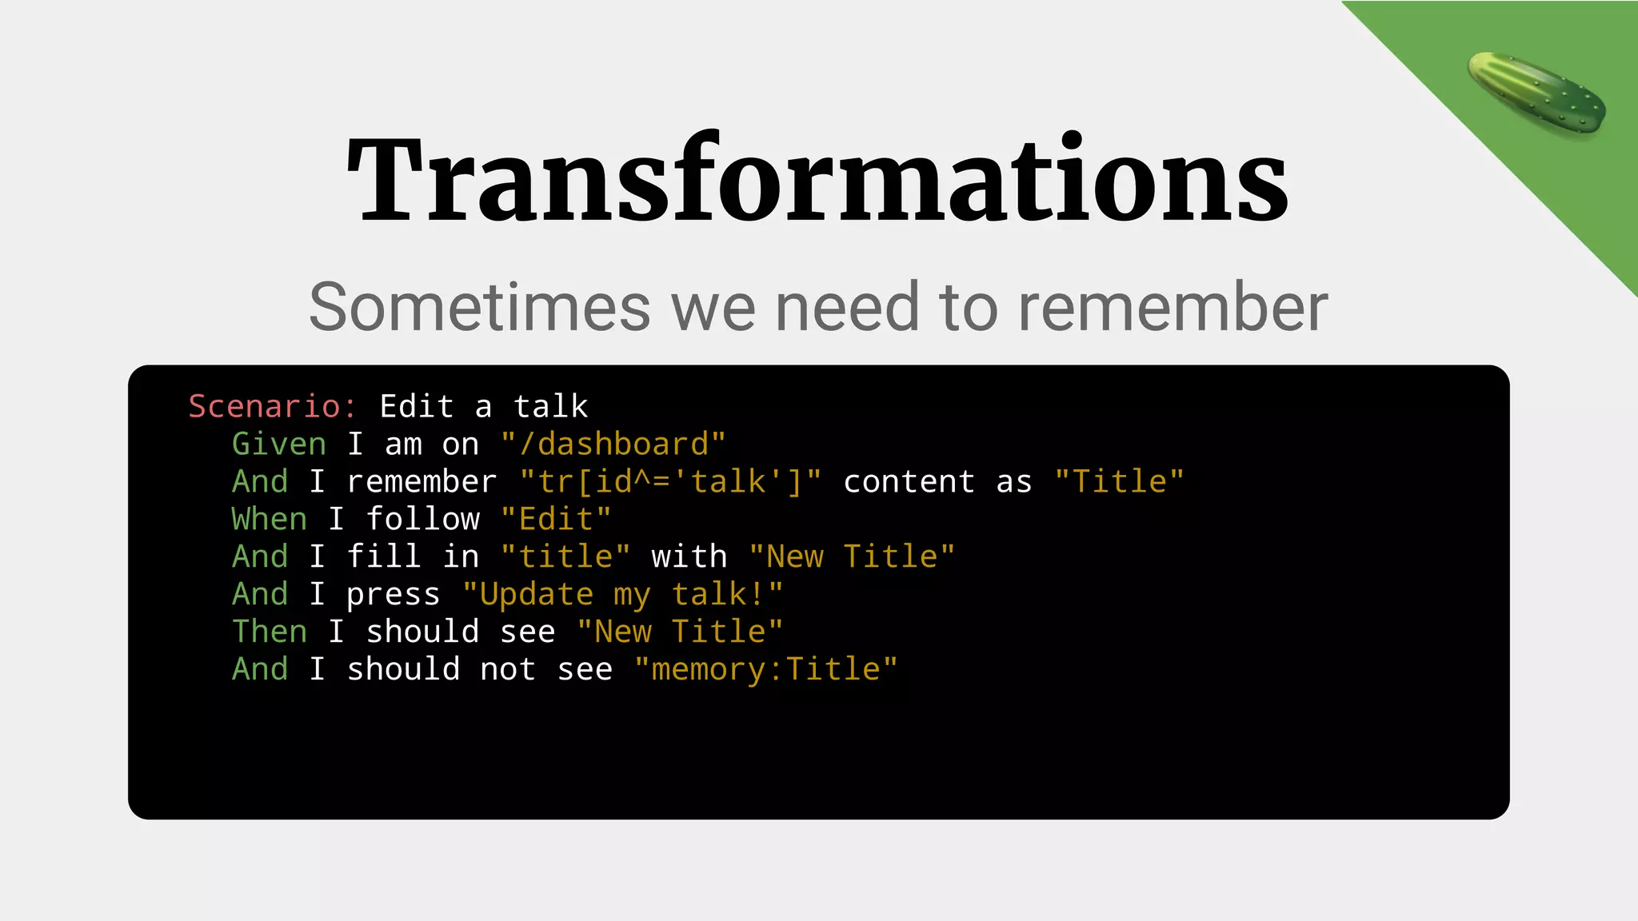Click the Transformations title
tap(817, 180)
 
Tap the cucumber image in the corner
tap(1536, 94)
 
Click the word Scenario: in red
tap(273, 406)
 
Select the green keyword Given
tap(279, 444)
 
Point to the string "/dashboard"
tap(613, 444)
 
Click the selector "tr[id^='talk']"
tap(670, 481)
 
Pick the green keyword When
tap(270, 519)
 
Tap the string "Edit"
tap(556, 519)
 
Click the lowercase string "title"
tap(565, 556)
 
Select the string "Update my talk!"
tap(623, 594)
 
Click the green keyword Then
tap(270, 632)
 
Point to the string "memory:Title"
tap(765, 669)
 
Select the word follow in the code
tap(422, 519)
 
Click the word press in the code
tap(393, 594)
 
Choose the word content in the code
tap(909, 481)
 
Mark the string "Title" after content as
tap(1119, 481)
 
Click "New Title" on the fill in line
tap(852, 556)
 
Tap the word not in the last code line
tap(508, 669)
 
